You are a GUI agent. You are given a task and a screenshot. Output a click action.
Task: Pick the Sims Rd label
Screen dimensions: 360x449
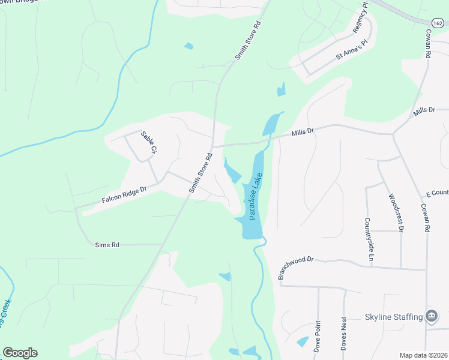107,245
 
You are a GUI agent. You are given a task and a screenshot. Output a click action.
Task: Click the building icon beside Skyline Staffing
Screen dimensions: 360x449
431,316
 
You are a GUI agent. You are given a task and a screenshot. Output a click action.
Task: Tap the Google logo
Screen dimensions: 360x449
20,353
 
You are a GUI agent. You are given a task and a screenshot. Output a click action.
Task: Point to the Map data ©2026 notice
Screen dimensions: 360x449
424,355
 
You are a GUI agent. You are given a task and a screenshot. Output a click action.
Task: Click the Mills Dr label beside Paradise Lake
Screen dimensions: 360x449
303,131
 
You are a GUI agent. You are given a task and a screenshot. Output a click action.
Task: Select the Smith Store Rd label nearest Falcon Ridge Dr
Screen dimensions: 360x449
202,172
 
